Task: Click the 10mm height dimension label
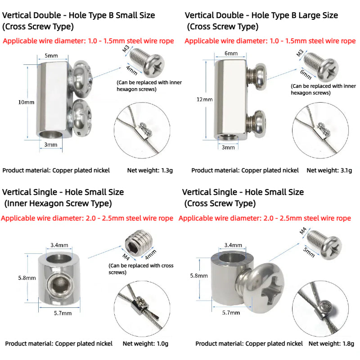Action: pos(26,103)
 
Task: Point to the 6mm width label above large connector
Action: pos(231,54)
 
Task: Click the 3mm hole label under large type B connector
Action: pos(228,147)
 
